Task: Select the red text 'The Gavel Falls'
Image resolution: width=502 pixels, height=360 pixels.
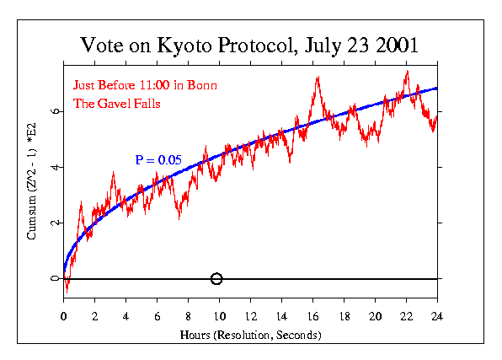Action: coord(116,104)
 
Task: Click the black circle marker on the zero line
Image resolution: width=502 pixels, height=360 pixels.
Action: coord(216,279)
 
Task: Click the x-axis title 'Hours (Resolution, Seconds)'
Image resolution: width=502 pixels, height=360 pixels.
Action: coord(251,335)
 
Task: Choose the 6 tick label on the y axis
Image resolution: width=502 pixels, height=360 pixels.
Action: coord(56,111)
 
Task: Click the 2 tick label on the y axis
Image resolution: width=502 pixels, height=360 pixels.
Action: coord(56,223)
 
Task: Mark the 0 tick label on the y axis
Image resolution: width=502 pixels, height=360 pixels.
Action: coord(56,279)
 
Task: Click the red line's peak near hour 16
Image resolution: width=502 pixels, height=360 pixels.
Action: coord(318,77)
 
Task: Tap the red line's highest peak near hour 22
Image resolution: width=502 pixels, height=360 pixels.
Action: coord(407,72)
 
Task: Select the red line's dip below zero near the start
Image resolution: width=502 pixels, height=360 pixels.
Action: coord(67,291)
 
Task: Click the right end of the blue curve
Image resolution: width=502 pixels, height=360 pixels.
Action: coord(436,89)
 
